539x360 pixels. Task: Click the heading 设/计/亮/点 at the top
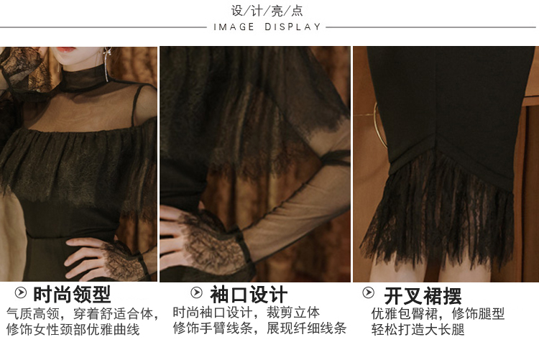(267, 11)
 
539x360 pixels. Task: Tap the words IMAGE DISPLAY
(267, 27)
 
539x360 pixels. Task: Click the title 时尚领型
(72, 295)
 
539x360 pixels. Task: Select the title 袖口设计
(249, 295)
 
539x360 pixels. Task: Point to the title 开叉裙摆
(423, 296)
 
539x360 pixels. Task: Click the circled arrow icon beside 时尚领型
(21, 292)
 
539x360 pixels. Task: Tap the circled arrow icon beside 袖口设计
(197, 292)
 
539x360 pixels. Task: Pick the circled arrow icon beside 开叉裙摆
(368, 292)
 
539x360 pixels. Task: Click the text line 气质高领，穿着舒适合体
(83, 313)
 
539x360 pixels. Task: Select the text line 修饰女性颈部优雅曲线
(73, 329)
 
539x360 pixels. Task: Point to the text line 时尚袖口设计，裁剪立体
(246, 313)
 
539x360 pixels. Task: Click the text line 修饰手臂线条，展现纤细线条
(259, 328)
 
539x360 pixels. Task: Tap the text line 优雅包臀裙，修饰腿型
(438, 313)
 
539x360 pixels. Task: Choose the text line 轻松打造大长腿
(418, 329)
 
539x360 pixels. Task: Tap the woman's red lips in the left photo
(66, 50)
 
